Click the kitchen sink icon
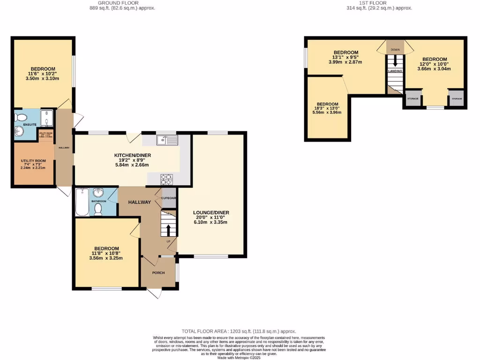click(x=167, y=139)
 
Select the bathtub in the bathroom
click(x=83, y=202)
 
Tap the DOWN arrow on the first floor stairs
click(x=395, y=61)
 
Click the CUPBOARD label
click(x=169, y=198)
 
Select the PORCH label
click(x=158, y=272)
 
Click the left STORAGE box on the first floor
click(x=412, y=99)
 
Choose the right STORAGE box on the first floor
click(x=457, y=99)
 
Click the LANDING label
click(x=395, y=71)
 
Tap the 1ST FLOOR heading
click(x=373, y=3)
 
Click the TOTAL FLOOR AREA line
click(x=239, y=331)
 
